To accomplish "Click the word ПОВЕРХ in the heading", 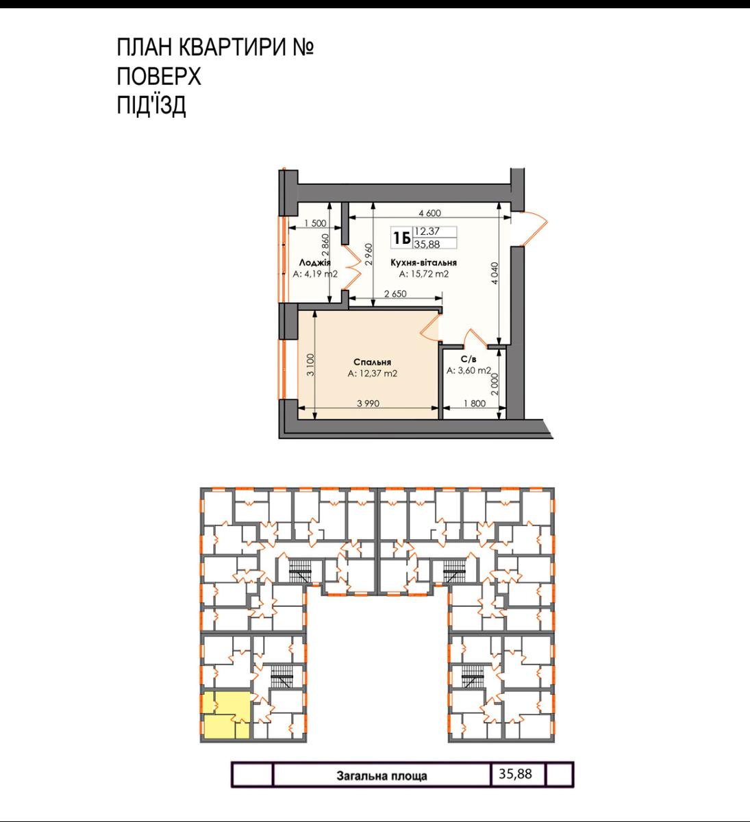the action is click(x=159, y=76).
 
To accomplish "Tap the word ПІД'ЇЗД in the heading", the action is click(x=151, y=105).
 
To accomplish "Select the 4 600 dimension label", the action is click(x=429, y=213).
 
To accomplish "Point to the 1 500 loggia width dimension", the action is click(x=315, y=223).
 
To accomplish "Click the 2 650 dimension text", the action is click(x=395, y=294).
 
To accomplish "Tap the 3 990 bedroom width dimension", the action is click(x=368, y=403).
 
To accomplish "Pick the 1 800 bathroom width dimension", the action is click(x=475, y=403).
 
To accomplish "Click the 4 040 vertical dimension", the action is click(x=495, y=273).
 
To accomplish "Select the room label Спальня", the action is click(x=372, y=362).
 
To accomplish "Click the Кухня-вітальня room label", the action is click(x=423, y=262).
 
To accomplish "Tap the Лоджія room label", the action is click(x=314, y=263).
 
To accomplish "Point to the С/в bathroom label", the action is click(x=468, y=360).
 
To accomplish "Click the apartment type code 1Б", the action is click(x=402, y=238).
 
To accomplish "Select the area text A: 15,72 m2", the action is click(x=424, y=274).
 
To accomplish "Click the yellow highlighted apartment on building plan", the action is click(x=225, y=715).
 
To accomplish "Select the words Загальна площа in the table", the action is click(x=382, y=775).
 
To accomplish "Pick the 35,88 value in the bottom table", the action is click(x=515, y=773).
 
